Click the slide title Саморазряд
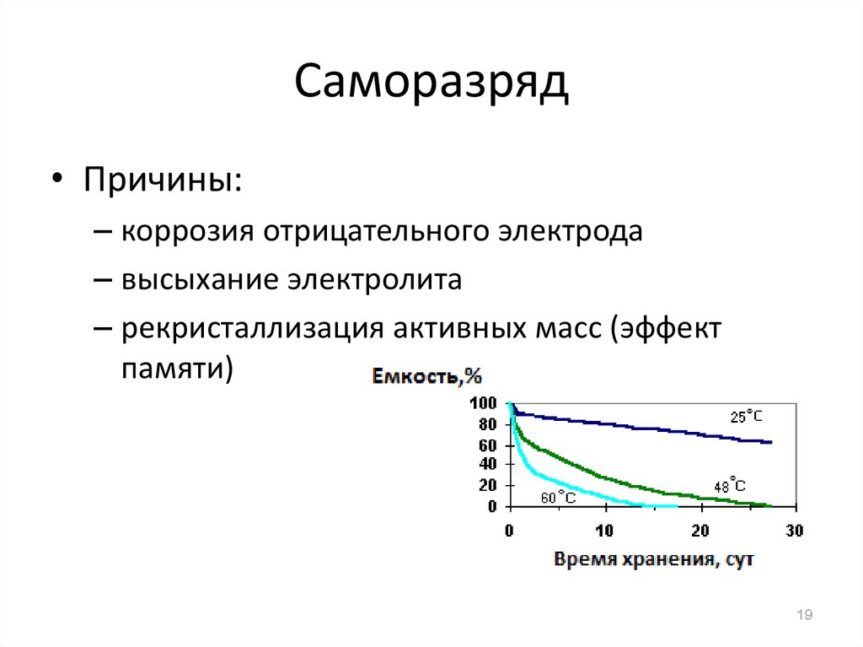(x=431, y=84)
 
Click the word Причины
(x=163, y=180)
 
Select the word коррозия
(x=187, y=232)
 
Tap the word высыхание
(x=200, y=279)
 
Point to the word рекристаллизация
(x=252, y=329)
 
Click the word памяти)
(x=177, y=368)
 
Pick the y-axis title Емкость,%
(x=427, y=376)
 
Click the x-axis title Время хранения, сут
(x=654, y=559)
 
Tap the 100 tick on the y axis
(x=483, y=403)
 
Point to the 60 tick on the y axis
(x=488, y=445)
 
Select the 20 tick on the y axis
(x=488, y=486)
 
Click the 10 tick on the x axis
(x=604, y=531)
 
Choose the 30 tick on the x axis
(x=794, y=531)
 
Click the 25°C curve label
(x=747, y=417)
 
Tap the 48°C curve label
(x=730, y=485)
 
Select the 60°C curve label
(x=558, y=497)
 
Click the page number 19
(x=805, y=614)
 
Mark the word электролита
(x=375, y=279)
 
